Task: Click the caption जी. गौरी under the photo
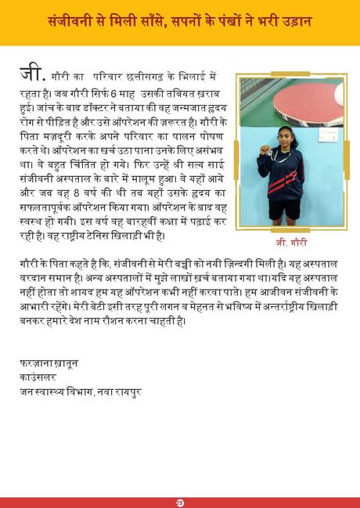tap(291, 243)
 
